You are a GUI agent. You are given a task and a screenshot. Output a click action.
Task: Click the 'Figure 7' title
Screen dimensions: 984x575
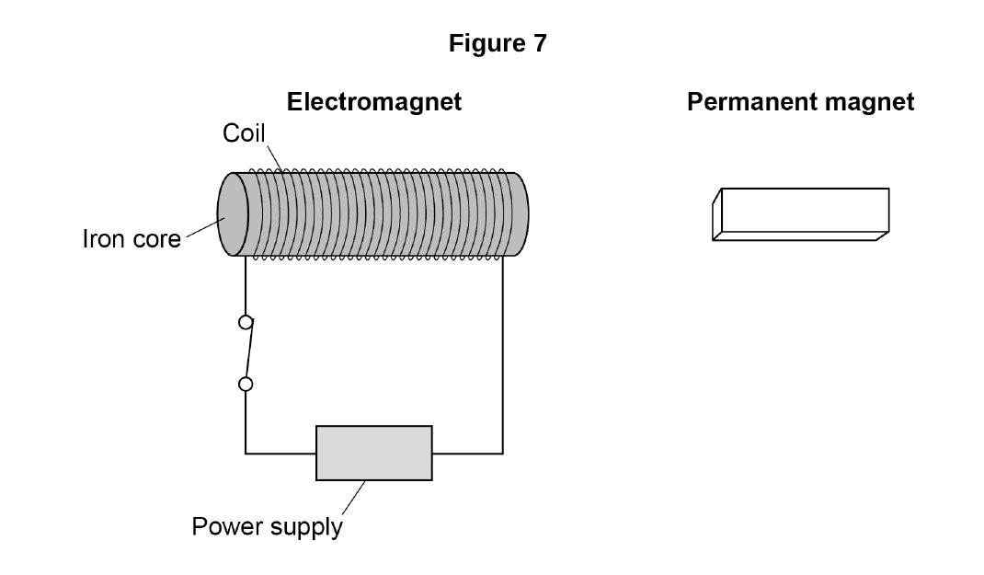498,43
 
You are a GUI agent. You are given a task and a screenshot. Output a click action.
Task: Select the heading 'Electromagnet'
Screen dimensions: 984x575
374,102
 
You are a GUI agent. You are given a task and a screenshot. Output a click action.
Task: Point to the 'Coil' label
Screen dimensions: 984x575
244,133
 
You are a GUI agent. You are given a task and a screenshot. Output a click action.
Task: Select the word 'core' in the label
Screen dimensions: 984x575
157,240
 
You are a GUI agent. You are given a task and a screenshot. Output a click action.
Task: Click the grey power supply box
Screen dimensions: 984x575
374,454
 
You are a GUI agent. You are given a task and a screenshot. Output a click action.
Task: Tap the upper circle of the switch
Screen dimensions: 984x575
246,323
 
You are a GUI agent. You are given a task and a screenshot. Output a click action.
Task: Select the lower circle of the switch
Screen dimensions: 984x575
246,384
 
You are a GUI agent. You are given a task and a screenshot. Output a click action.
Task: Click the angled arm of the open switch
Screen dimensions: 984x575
250,349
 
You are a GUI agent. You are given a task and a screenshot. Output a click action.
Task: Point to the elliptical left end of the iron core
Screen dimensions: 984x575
233,214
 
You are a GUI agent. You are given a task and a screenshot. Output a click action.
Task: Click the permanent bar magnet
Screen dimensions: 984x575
801,214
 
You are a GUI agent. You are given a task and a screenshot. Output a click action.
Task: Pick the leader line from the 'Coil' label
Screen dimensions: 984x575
276,159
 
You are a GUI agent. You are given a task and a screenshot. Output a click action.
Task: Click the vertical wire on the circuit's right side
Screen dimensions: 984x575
503,355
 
